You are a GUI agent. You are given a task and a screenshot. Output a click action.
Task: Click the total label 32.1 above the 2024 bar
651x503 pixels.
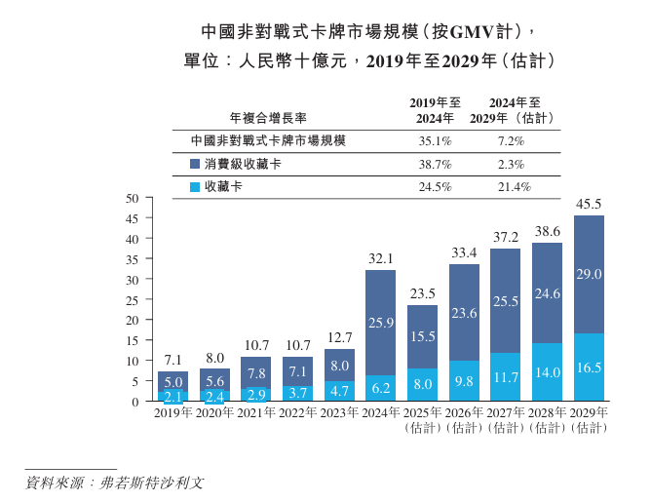(x=380, y=259)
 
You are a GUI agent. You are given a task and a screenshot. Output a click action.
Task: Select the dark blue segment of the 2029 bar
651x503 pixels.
(x=589, y=275)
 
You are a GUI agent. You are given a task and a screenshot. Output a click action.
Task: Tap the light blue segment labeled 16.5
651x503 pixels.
(x=589, y=368)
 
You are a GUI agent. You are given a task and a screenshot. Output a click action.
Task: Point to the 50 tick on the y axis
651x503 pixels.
(x=134, y=198)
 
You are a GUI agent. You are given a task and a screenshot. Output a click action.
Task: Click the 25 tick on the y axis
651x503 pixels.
(x=134, y=299)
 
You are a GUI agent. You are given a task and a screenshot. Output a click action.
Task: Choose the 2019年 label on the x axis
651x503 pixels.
(x=172, y=414)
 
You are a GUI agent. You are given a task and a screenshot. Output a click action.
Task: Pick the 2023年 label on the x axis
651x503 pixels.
(x=338, y=414)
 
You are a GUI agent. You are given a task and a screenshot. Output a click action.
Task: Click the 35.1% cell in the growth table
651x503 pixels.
(x=434, y=140)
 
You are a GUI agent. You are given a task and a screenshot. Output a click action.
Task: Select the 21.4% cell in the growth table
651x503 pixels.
(x=514, y=186)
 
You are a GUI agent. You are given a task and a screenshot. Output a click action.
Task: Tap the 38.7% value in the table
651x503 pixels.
(x=434, y=164)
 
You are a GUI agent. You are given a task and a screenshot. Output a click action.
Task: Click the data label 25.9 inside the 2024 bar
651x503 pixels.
(x=380, y=322)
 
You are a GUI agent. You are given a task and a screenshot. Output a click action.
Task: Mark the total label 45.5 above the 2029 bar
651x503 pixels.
(x=589, y=205)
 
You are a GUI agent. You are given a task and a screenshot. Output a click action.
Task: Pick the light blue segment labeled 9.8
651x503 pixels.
(x=464, y=381)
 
